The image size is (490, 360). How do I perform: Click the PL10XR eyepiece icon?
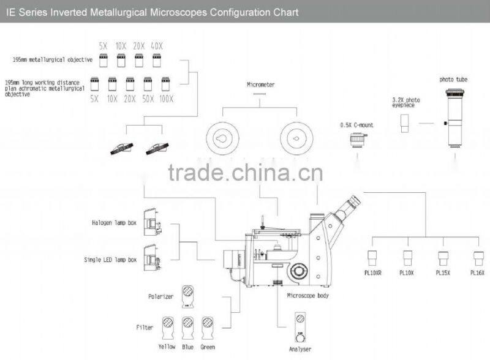click(372, 257)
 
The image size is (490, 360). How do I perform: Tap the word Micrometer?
click(260, 84)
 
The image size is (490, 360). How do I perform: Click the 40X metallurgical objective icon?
click(157, 59)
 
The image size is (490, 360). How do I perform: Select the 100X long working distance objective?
click(166, 83)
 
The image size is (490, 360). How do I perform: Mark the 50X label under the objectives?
click(148, 98)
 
